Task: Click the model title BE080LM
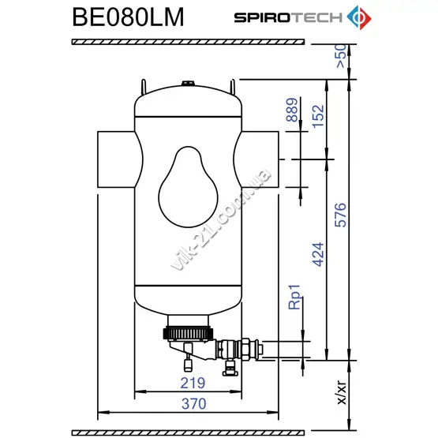click(128, 17)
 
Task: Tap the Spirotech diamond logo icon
click(359, 17)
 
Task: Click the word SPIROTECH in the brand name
click(288, 17)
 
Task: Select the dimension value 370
click(193, 403)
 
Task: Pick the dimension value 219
click(193, 383)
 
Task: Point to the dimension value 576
click(340, 215)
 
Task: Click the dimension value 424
click(318, 254)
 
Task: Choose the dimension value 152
click(318, 116)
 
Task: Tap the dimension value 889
click(292, 110)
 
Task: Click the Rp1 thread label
click(294, 297)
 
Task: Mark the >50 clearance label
click(341, 56)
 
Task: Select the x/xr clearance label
click(342, 392)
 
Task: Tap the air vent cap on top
click(188, 83)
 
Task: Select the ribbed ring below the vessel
click(188, 334)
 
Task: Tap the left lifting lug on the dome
click(144, 86)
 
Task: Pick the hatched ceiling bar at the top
click(188, 42)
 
